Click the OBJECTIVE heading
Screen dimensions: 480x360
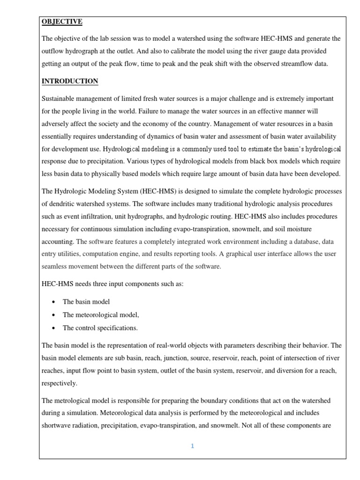[x=62, y=22]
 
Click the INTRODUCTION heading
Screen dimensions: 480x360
[x=70, y=81]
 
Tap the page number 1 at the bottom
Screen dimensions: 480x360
[x=192, y=446]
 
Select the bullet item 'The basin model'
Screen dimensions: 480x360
[x=86, y=301]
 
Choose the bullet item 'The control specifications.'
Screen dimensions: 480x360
[x=100, y=328]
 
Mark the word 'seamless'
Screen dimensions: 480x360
[x=56, y=266]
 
